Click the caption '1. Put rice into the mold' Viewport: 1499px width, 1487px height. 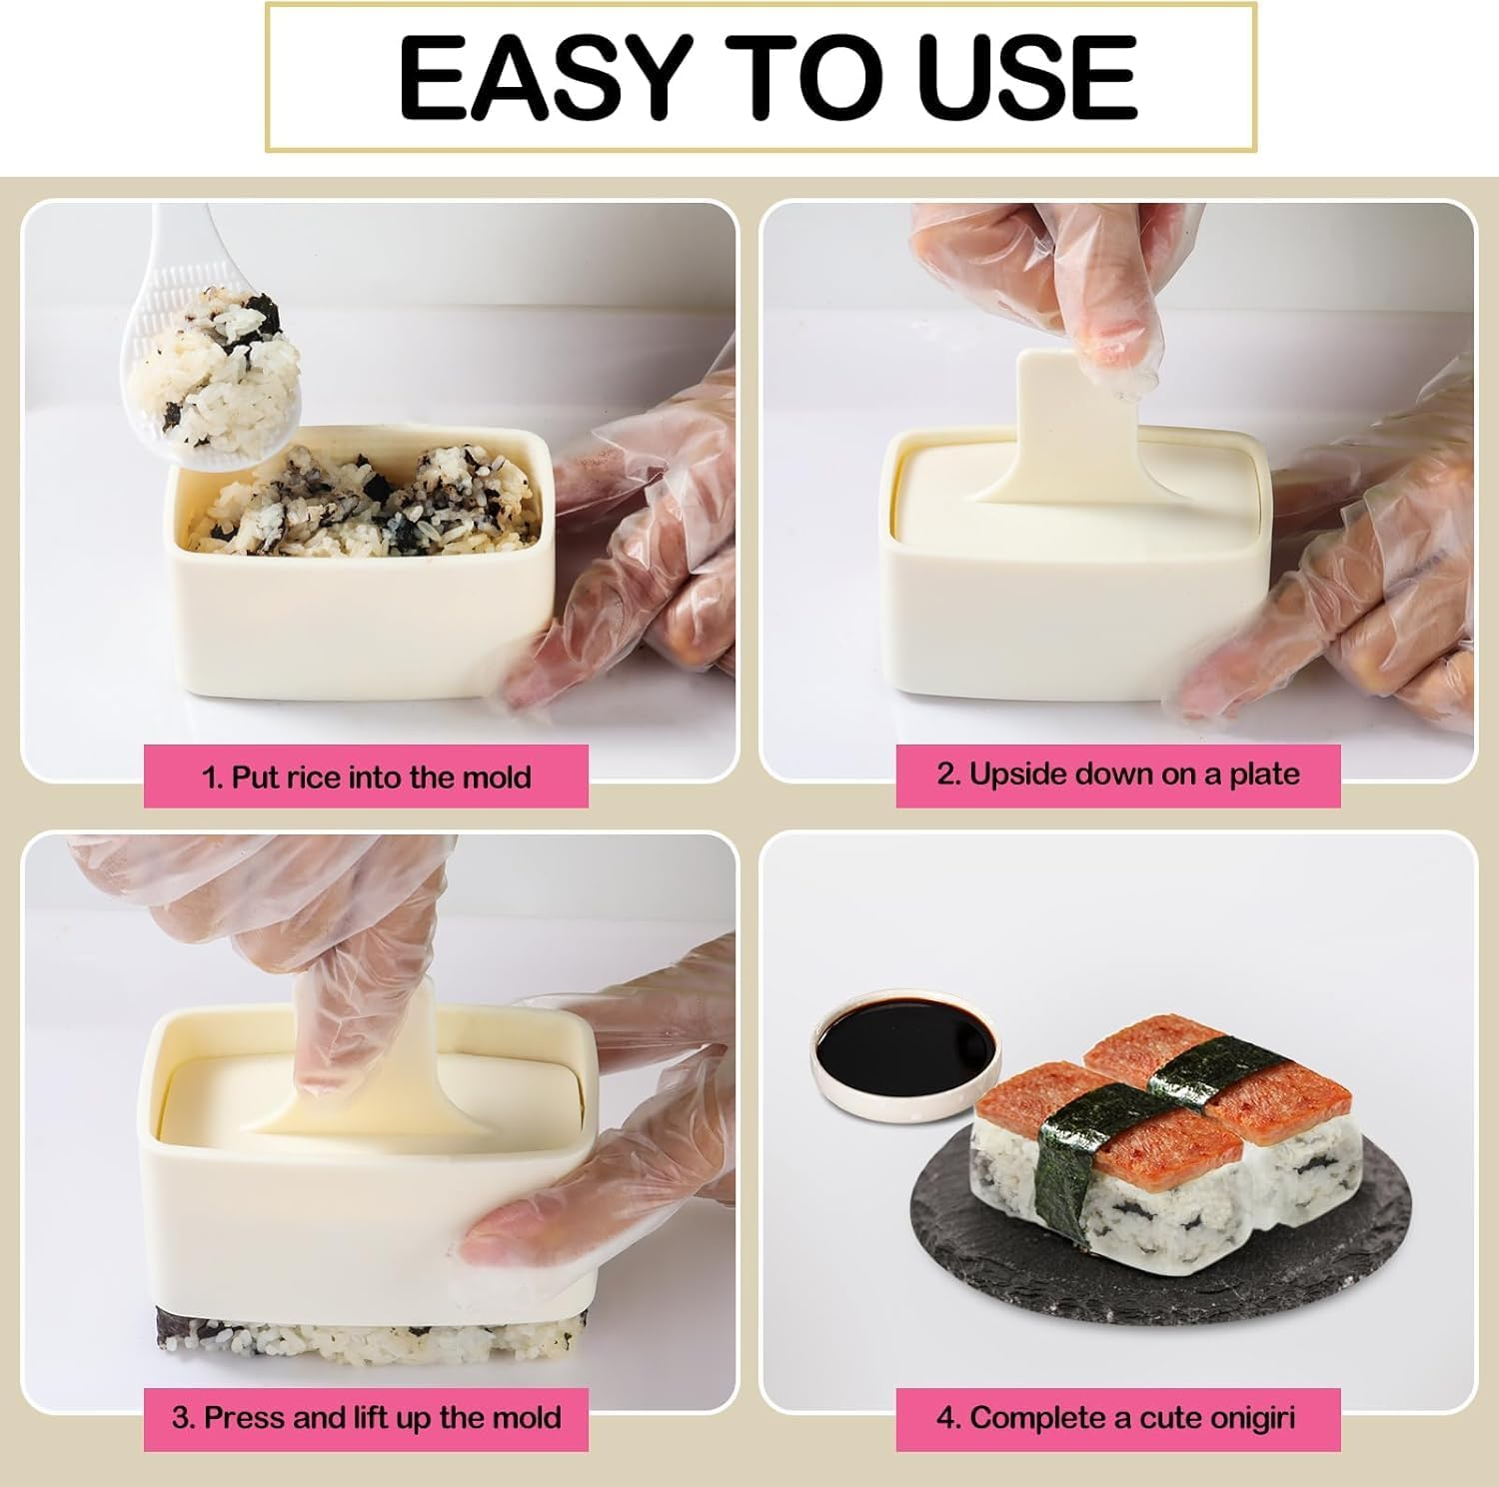coord(366,776)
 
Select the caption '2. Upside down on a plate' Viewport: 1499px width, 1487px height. coord(1117,774)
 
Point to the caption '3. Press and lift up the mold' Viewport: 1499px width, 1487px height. coord(366,1418)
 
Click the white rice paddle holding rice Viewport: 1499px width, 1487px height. coord(215,380)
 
